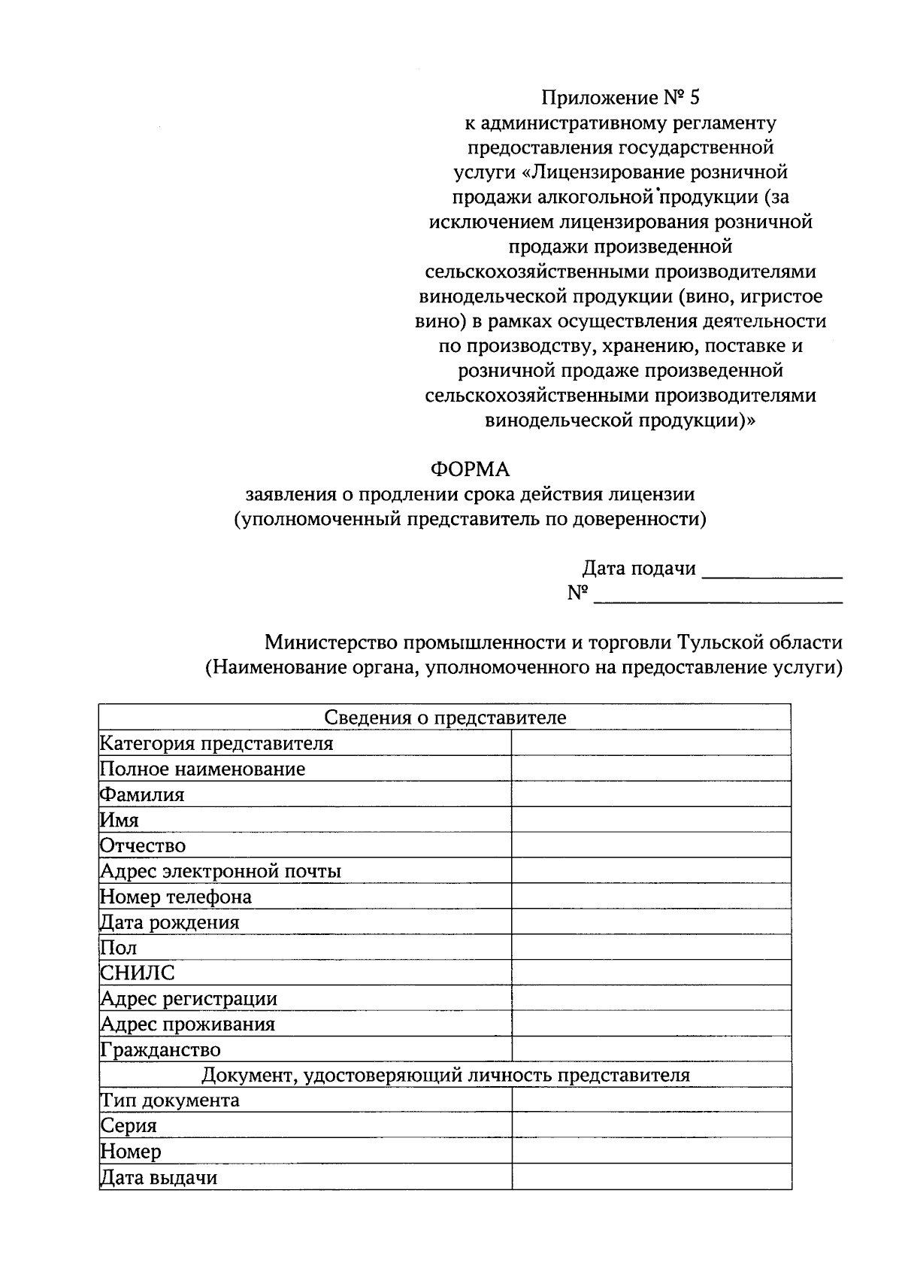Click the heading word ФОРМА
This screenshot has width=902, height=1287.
point(470,470)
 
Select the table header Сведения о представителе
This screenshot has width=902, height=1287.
point(445,718)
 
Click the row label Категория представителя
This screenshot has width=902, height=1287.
point(216,744)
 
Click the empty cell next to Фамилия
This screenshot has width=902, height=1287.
point(651,795)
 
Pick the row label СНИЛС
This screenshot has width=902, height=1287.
point(138,973)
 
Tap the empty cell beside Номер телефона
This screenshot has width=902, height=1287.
point(651,897)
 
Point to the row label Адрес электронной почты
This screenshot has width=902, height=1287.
point(221,872)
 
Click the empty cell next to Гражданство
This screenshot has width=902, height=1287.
point(651,1050)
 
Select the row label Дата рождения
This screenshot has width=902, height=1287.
point(170,922)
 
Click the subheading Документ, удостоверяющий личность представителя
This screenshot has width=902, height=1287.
point(445,1076)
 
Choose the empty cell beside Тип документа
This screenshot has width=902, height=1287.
point(651,1100)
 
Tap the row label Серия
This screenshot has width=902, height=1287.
point(129,1126)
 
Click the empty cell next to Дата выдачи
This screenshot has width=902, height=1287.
point(651,1177)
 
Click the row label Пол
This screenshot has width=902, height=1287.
point(119,948)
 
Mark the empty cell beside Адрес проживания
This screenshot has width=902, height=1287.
point(651,1024)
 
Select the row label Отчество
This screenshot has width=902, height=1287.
point(143,846)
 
